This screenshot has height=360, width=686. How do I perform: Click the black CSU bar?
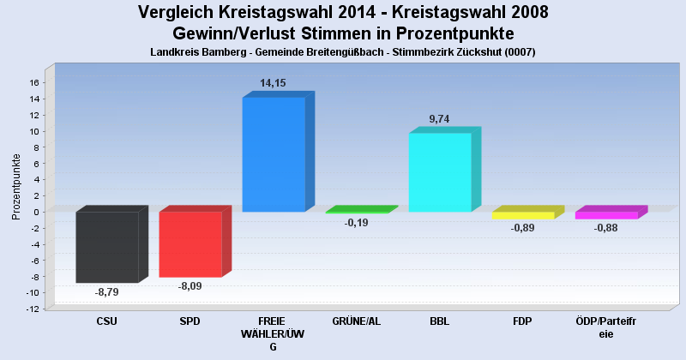(107, 247)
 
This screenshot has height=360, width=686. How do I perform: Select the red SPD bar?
(190, 244)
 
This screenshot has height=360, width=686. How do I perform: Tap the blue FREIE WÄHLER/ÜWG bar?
(274, 154)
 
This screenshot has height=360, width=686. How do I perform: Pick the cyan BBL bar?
(440, 171)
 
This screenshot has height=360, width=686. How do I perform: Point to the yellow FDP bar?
(523, 215)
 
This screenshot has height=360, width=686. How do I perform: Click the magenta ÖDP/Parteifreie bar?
(606, 215)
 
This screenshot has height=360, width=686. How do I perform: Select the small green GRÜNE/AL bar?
(357, 212)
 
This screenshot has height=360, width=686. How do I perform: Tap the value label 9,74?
(439, 119)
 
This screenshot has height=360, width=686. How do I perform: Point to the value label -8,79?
(106, 292)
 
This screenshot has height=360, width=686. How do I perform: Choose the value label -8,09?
(190, 285)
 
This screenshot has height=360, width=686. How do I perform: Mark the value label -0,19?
(356, 223)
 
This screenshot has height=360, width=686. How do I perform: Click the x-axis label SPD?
(190, 321)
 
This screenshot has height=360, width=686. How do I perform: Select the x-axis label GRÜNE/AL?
(356, 321)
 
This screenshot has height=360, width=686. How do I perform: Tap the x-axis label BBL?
(439, 321)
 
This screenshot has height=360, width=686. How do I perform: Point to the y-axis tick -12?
(33, 309)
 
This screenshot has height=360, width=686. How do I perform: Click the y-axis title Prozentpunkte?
(16, 186)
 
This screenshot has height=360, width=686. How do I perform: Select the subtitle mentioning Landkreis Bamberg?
(343, 52)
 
